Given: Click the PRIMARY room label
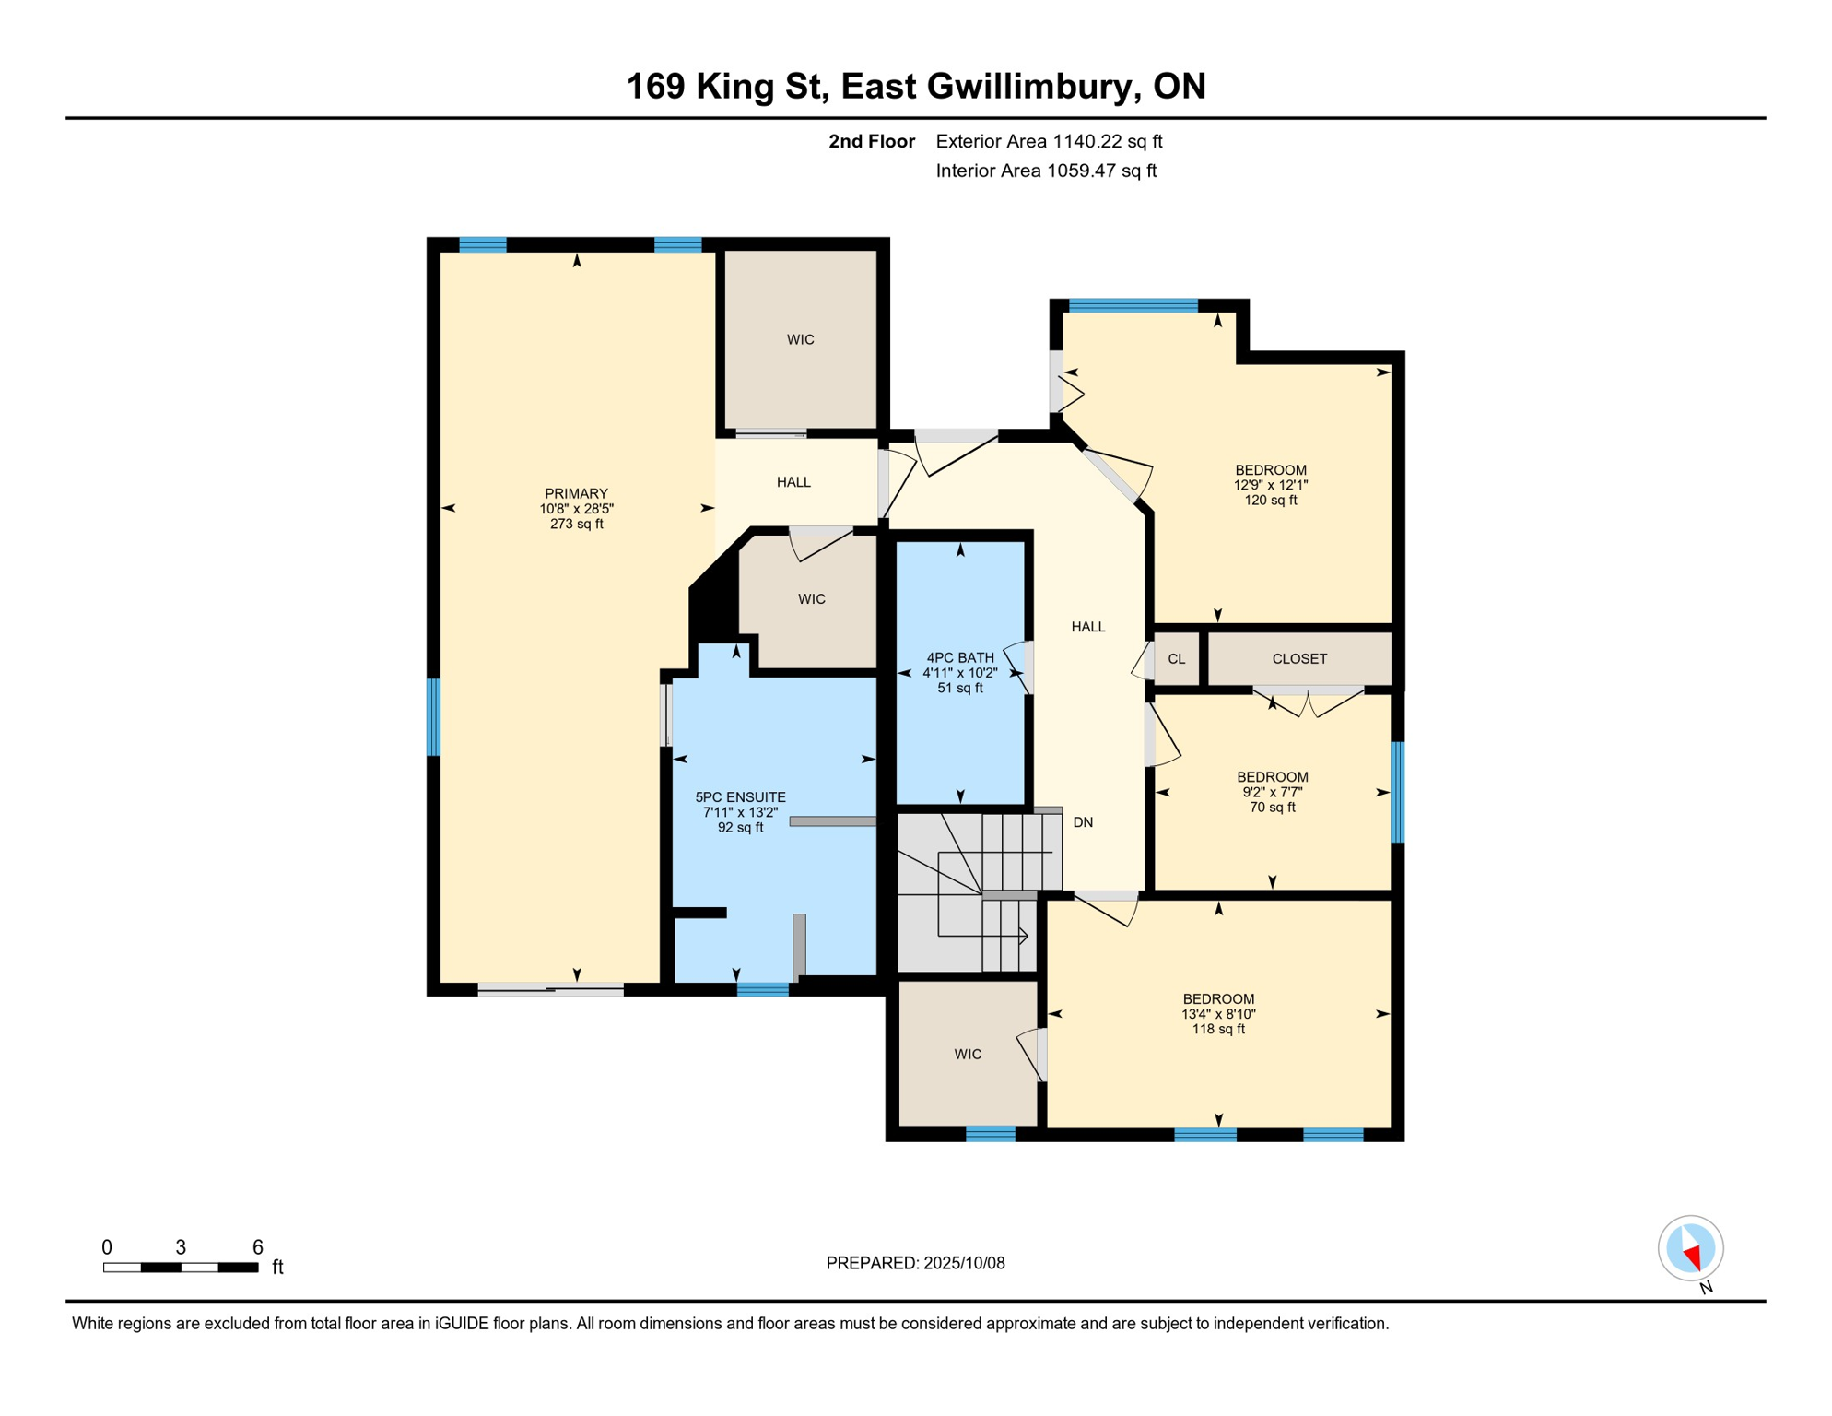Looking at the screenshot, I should [x=576, y=493].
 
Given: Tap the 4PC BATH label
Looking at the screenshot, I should [x=960, y=657].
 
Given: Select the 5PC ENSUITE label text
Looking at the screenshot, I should [x=740, y=797].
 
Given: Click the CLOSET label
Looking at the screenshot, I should [x=1299, y=658].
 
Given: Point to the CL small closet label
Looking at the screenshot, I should [x=1177, y=658].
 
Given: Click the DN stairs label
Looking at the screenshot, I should [x=1083, y=822].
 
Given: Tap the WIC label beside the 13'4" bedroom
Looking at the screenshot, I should [x=968, y=1054].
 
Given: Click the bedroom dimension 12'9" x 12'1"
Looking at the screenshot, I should [x=1271, y=485].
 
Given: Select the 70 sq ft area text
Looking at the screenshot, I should [x=1273, y=808].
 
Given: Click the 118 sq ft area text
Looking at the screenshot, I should [x=1218, y=1029].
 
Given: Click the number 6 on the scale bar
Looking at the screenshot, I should [x=258, y=1247].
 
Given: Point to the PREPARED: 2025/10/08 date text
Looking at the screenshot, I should [x=915, y=1263].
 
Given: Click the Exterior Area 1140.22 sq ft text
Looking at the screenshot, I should [x=1049, y=141].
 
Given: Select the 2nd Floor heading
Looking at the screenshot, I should [x=872, y=141].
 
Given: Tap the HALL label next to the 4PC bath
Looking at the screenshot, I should [x=1088, y=627].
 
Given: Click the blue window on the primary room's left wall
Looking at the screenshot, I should [x=433, y=717].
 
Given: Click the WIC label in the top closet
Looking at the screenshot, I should [x=800, y=339].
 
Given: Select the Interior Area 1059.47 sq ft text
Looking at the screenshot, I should [x=1046, y=171].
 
